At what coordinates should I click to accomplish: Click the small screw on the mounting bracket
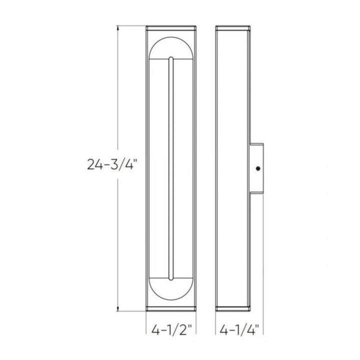coord(258,168)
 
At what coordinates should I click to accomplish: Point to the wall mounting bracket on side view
coord(257,168)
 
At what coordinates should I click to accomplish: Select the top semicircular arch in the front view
coord(171,47)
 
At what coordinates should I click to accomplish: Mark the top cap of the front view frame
coord(171,27)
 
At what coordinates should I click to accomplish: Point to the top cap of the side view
coord(232,27)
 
